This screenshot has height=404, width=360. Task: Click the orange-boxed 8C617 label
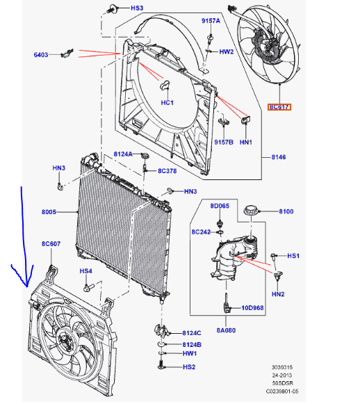279,107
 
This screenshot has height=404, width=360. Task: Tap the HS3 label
137,8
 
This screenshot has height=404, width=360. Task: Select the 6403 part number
41,55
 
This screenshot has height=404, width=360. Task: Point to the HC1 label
167,102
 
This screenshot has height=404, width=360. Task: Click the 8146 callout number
279,157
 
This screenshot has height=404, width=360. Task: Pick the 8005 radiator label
49,212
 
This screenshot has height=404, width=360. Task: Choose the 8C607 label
51,244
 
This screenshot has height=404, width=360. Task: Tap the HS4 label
85,271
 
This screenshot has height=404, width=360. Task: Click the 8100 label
286,211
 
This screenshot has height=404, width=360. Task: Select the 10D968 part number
252,308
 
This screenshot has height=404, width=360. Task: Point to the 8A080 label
226,330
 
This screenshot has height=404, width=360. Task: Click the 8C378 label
167,171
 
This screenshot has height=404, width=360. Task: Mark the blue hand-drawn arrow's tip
26,286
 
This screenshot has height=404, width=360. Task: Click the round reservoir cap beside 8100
252,211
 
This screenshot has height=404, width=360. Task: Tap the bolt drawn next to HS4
89,287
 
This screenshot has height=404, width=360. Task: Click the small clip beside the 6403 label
67,53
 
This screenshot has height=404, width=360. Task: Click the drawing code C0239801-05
282,391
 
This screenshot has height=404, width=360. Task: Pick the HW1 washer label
190,353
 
